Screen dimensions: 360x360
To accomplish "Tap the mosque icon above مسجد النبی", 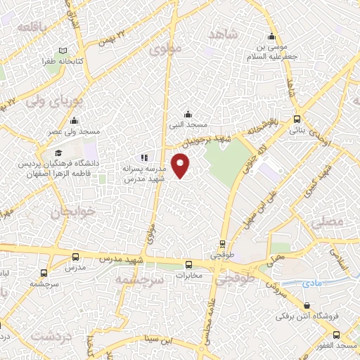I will click(x=188, y=114).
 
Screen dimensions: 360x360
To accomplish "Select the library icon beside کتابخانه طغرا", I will click(x=63, y=51).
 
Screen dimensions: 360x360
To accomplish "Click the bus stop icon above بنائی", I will click(x=297, y=119).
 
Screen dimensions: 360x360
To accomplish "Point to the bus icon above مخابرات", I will click(x=188, y=264).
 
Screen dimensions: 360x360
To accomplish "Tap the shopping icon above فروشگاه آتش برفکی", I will click(x=307, y=305).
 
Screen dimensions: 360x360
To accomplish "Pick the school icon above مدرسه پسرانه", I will click(x=143, y=158).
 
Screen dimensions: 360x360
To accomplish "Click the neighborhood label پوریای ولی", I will click(x=55, y=98).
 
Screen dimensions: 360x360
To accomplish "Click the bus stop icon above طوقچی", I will click(x=223, y=245).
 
